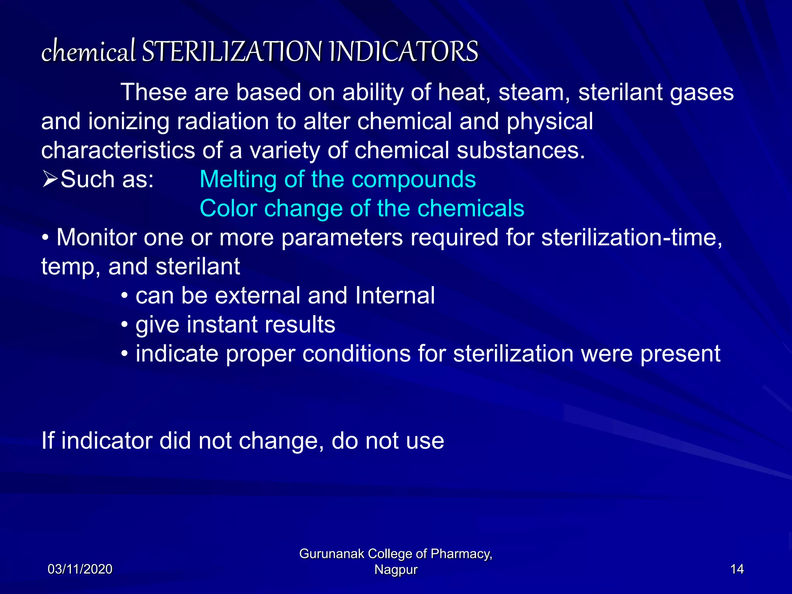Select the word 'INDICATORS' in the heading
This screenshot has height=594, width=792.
click(404, 51)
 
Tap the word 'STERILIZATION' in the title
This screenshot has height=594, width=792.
click(232, 51)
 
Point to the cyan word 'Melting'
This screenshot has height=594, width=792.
click(238, 179)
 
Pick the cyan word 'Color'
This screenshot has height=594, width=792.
click(228, 208)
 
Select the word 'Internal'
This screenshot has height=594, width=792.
click(395, 295)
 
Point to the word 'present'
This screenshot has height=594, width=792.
click(680, 354)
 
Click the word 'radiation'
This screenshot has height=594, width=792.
click(222, 121)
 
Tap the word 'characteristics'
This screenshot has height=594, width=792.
click(118, 150)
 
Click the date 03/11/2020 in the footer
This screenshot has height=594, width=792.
click(80, 569)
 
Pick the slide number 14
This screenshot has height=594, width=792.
click(737, 569)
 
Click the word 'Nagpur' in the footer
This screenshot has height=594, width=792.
click(396, 570)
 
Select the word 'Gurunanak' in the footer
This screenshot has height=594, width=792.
click(331, 554)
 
